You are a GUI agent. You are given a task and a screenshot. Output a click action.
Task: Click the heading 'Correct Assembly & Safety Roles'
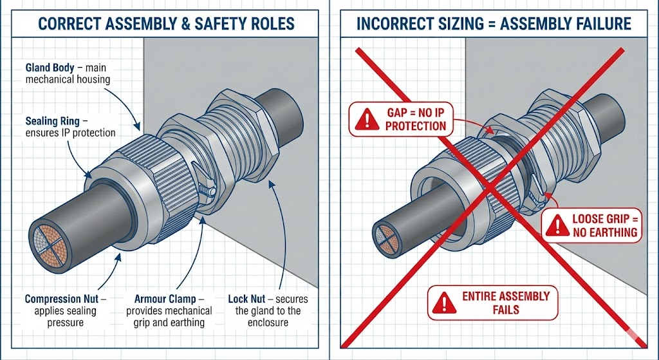click(x=166, y=24)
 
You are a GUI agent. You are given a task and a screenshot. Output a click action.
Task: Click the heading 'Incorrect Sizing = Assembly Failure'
click(x=494, y=24)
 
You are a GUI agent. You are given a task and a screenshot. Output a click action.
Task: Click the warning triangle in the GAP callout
click(x=367, y=118)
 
